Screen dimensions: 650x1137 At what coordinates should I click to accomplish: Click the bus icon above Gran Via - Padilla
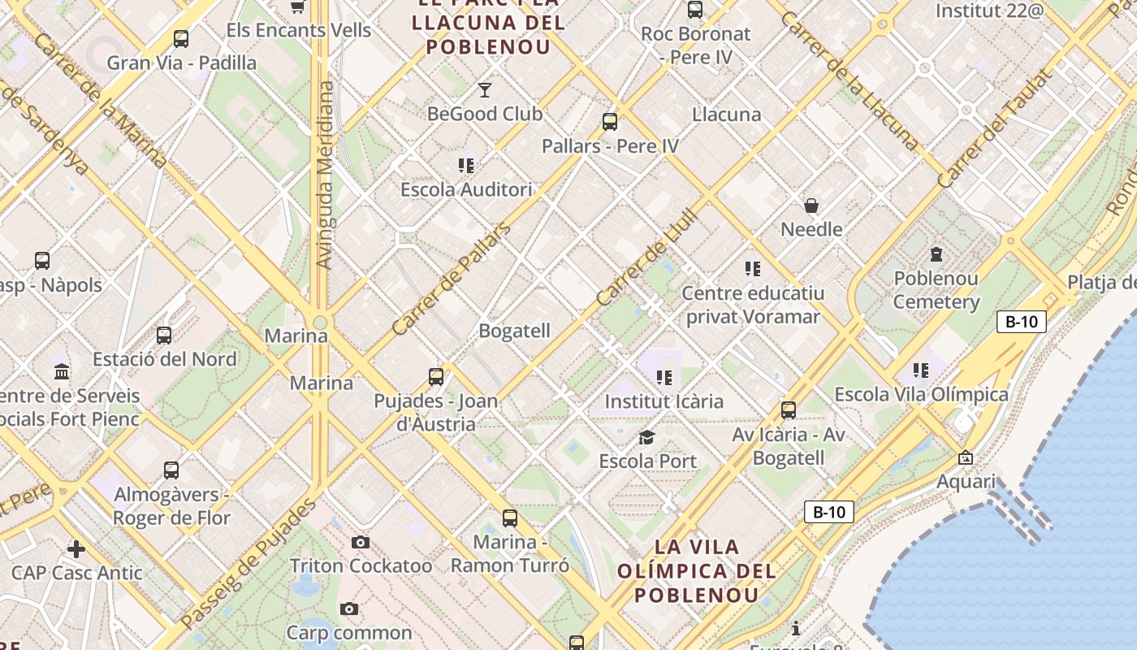point(181,38)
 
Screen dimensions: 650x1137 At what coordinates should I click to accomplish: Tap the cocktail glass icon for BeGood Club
point(485,89)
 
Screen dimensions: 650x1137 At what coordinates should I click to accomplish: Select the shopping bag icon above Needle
point(811,206)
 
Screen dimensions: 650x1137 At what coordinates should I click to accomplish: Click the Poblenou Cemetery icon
point(936,254)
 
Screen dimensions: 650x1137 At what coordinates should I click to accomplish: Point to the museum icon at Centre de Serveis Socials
point(61,372)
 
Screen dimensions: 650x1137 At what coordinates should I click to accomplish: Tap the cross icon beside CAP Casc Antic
point(76,549)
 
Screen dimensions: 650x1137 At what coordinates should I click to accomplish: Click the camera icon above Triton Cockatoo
point(361,542)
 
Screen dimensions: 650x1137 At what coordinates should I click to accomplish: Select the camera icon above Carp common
point(349,609)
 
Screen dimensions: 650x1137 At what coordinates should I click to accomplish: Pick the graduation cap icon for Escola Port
point(646,438)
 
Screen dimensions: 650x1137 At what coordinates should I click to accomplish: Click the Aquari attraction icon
point(965,458)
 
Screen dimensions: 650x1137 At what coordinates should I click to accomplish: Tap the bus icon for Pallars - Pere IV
point(610,122)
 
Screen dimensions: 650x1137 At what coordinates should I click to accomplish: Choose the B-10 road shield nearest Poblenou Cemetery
point(1022,321)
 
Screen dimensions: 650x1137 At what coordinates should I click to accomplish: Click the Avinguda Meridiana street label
point(325,175)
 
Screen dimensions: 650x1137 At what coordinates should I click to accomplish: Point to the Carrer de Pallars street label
point(451,279)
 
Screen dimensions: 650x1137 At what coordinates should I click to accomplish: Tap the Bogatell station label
point(514,331)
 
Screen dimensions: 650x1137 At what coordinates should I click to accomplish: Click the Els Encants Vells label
point(298,31)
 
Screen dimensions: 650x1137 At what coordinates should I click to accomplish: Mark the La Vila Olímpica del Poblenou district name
point(696,570)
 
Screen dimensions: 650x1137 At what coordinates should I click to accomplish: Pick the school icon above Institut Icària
point(664,378)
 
